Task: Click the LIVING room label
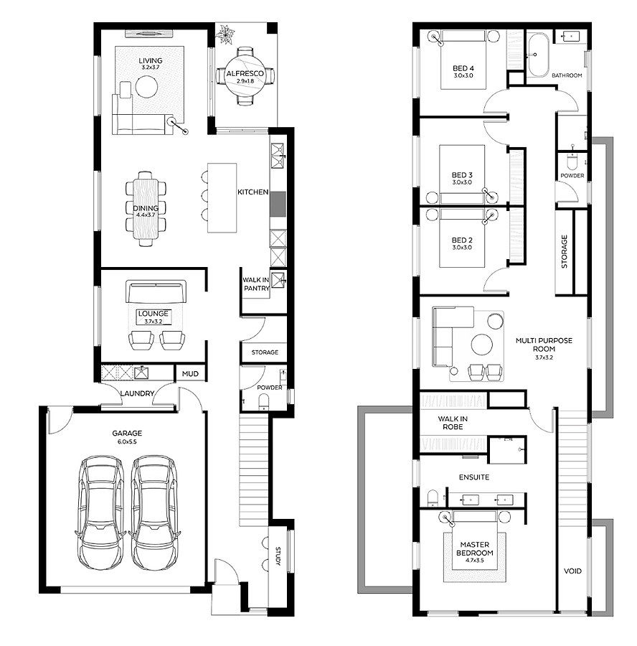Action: coord(151,60)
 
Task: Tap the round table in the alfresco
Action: coord(245,76)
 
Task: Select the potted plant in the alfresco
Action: coord(226,34)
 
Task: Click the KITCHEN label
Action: coord(253,192)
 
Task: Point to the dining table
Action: coord(146,210)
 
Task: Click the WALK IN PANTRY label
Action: coord(256,284)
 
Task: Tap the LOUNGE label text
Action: coord(154,314)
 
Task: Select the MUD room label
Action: coord(190,374)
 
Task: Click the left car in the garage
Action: coord(100,512)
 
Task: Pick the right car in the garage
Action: coord(154,512)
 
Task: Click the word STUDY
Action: coord(278,556)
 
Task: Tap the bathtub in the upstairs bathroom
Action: coord(538,55)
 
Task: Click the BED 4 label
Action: coord(463,68)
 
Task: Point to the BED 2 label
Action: coord(462,240)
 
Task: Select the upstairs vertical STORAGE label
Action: coord(564,252)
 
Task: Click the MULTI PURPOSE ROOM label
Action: coord(544,345)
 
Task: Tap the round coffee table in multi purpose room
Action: coord(482,345)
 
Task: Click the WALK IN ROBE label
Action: coord(453,423)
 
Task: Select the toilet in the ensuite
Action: coord(433,497)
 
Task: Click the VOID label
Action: coord(572,571)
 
